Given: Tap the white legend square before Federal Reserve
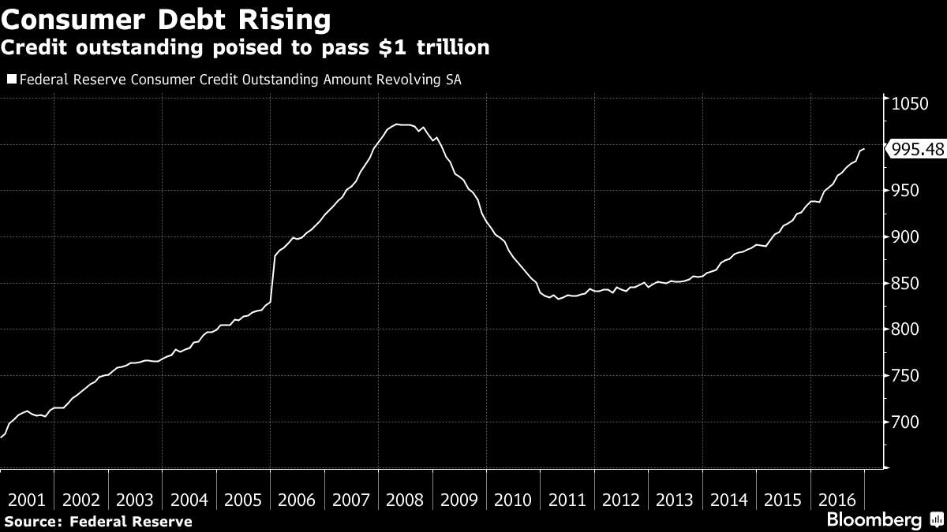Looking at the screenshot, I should [x=10, y=79].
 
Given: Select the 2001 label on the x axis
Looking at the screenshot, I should [x=27, y=500].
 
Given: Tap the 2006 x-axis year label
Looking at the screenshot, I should [x=297, y=500].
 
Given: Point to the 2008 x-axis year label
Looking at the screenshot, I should [x=405, y=500].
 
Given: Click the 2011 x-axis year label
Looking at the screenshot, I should [x=567, y=500].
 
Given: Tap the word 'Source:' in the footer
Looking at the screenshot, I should [x=33, y=521].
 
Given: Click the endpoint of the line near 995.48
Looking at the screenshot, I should [x=864, y=148].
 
